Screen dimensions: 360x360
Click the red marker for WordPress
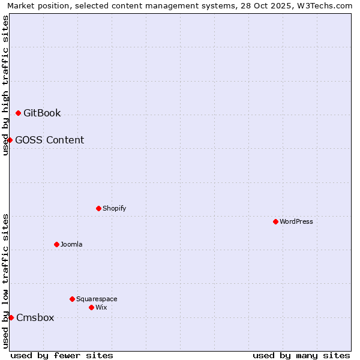(x=275, y=221)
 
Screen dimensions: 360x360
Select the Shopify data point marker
(x=98, y=208)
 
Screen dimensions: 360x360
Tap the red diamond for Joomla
(x=56, y=244)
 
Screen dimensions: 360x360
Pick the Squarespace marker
(x=72, y=299)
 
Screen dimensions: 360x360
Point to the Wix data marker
(x=91, y=307)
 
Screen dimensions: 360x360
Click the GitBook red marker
(x=18, y=113)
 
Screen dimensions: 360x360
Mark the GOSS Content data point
(x=10, y=140)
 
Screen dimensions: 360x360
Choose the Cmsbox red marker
(x=11, y=317)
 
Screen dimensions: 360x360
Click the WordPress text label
(x=296, y=221)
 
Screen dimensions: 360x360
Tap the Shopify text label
(x=114, y=208)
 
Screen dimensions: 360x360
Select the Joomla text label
(x=71, y=244)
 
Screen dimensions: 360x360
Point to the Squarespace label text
(x=97, y=299)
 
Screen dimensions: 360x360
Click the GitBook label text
(x=42, y=113)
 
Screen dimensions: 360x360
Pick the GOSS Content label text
(x=49, y=140)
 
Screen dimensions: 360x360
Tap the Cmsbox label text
(x=35, y=317)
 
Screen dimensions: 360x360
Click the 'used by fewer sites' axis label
(x=62, y=355)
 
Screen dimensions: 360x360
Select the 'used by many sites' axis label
(x=301, y=355)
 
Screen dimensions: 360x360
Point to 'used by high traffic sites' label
(x=5, y=85)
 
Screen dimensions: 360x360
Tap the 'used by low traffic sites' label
(x=5, y=281)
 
